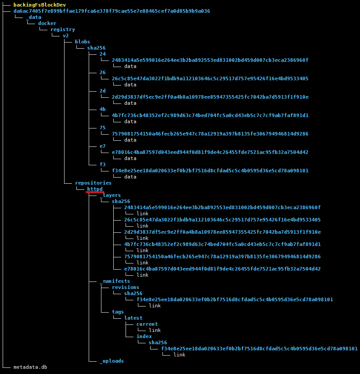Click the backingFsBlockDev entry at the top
click(x=40, y=5)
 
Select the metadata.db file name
click(x=30, y=367)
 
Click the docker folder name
click(x=47, y=23)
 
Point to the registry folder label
click(x=62, y=29)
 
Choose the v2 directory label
click(x=65, y=36)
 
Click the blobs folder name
click(x=82, y=42)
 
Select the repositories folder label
click(x=93, y=183)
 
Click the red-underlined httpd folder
click(x=94, y=189)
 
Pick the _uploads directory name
click(x=112, y=361)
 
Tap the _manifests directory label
click(x=115, y=281)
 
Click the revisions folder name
click(x=125, y=287)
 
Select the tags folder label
click(x=118, y=312)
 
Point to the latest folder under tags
click(x=133, y=318)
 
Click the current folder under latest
click(x=147, y=324)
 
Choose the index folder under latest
click(x=144, y=336)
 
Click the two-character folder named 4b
click(x=102, y=109)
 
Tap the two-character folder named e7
click(x=102, y=146)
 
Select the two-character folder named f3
click(x=102, y=164)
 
